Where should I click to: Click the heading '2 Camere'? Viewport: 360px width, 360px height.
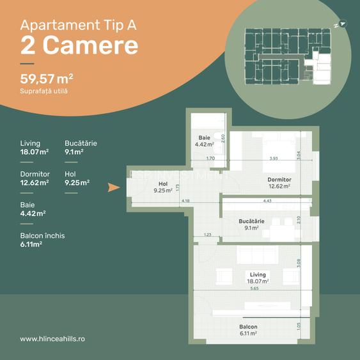coord(79,45)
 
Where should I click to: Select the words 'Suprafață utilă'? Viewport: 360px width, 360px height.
coord(44,91)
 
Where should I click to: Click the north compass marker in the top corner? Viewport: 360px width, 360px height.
coord(340,24)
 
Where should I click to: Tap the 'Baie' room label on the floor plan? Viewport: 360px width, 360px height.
coord(204,137)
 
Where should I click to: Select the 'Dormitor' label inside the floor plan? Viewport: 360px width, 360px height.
coord(279,180)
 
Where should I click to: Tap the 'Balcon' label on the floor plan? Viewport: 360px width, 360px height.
coord(249,326)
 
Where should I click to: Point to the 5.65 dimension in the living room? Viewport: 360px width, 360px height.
coord(254,288)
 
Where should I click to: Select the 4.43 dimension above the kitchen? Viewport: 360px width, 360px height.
coord(267,201)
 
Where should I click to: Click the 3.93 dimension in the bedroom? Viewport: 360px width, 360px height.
coord(273,159)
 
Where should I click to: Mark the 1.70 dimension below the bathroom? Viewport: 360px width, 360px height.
coord(210,158)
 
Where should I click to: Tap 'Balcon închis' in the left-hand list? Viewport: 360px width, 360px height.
coord(42,236)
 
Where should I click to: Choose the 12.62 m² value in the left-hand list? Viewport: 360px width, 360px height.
coord(35,182)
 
